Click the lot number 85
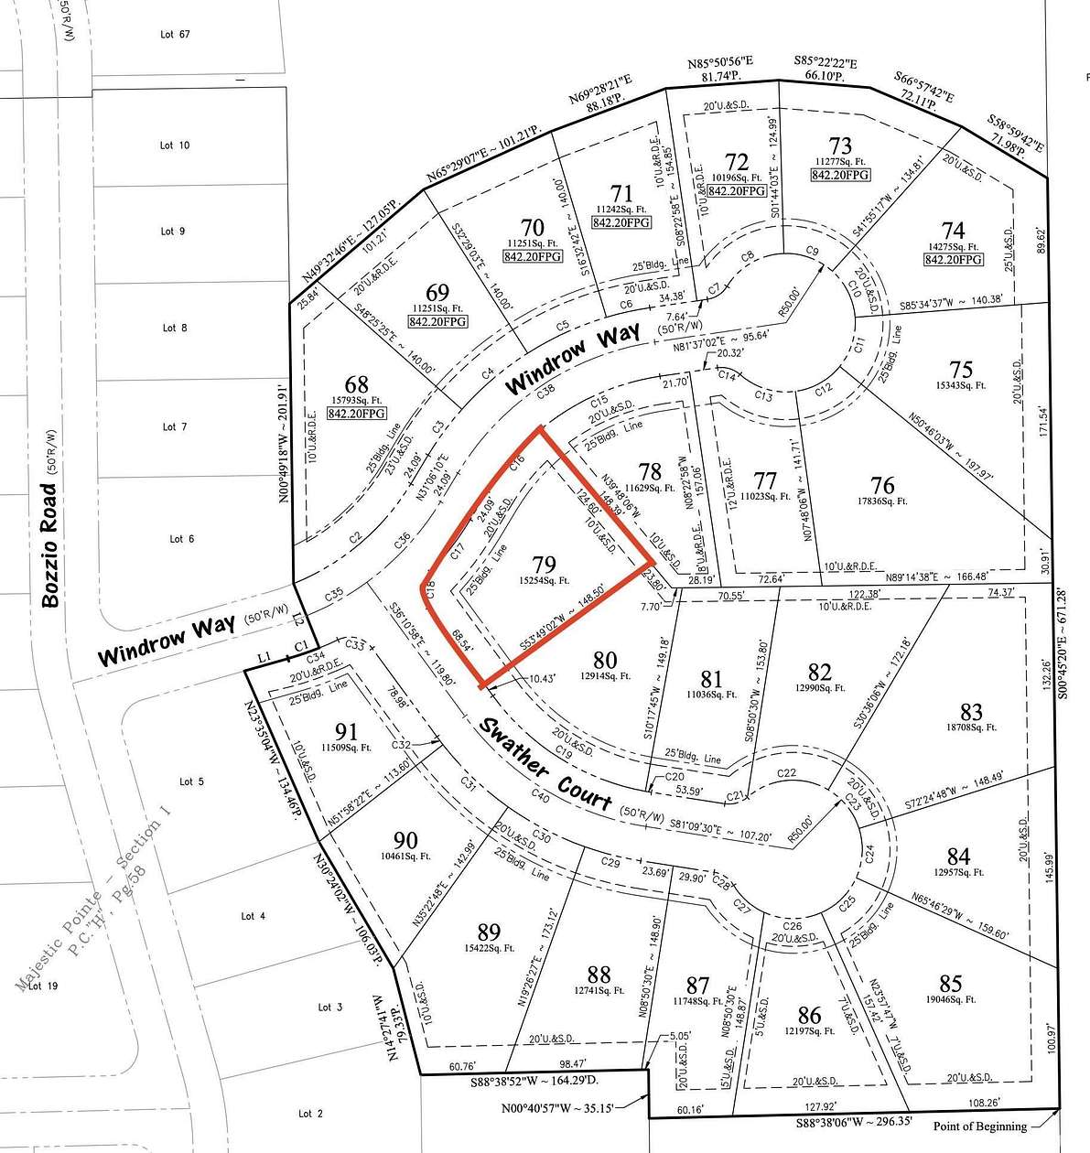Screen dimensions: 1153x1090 click(951, 984)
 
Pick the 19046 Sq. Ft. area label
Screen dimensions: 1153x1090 click(951, 1001)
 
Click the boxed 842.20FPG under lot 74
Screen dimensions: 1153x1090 click(953, 259)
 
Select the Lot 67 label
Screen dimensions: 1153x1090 click(174, 35)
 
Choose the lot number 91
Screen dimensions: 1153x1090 click(346, 731)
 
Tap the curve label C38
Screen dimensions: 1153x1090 click(545, 391)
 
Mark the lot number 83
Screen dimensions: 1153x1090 click(971, 712)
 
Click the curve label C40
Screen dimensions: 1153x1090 click(538, 795)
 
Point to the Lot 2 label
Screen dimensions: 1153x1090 click(310, 1114)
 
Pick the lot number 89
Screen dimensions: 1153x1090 click(489, 932)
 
